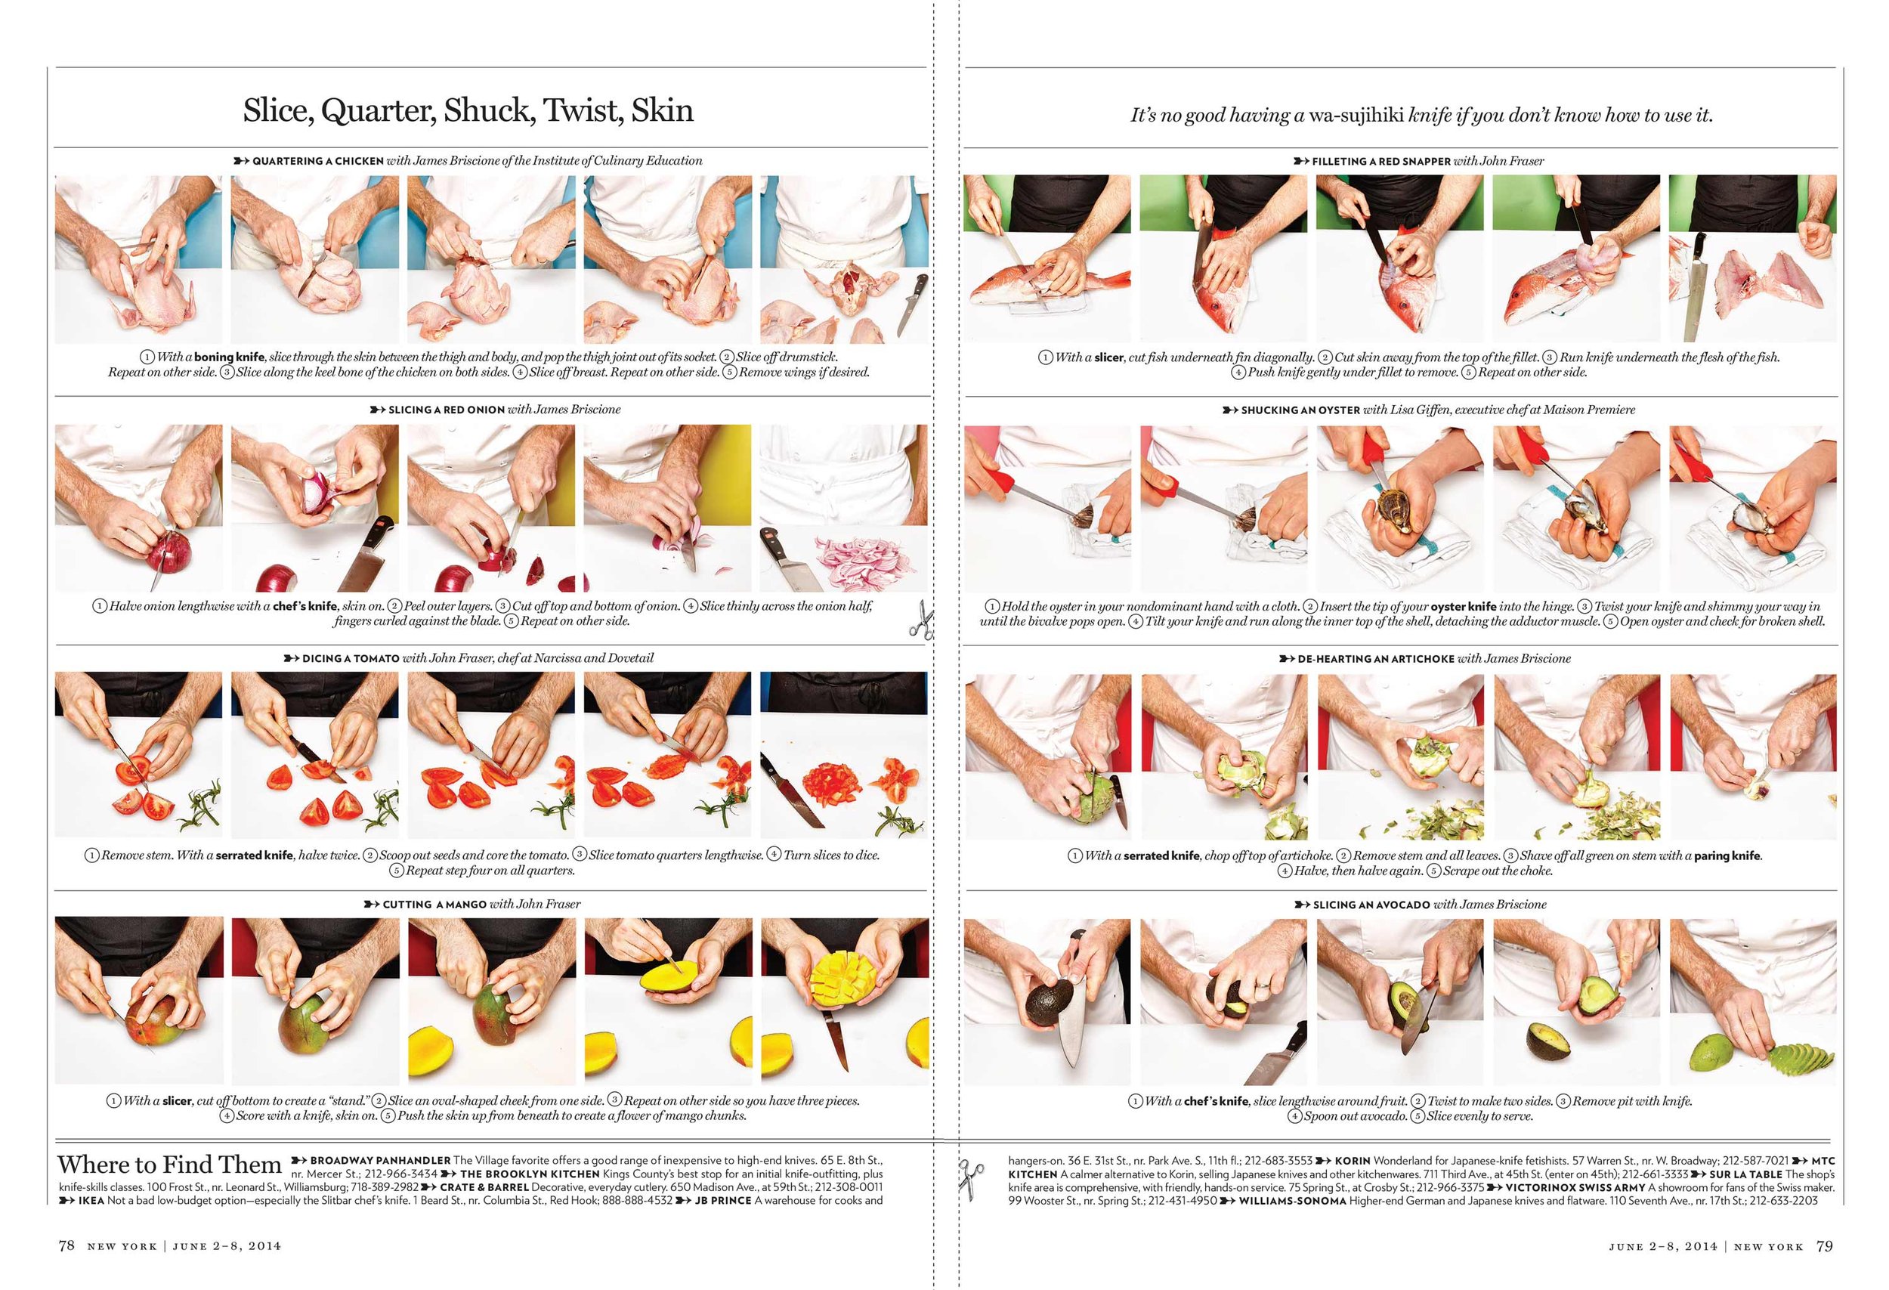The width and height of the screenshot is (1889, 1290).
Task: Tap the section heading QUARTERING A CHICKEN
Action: click(x=318, y=161)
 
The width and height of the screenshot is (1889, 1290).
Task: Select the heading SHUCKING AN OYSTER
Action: click(x=1300, y=410)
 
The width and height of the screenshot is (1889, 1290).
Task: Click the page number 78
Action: click(x=66, y=1245)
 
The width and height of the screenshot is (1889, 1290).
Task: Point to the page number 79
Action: click(x=1825, y=1245)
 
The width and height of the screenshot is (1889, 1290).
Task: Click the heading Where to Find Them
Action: click(x=169, y=1164)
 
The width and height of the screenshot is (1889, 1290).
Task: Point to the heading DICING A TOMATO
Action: click(x=351, y=658)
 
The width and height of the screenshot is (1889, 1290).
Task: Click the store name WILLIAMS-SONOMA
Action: click(x=1292, y=1201)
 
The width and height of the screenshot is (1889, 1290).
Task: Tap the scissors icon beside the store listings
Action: click(x=970, y=1175)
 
